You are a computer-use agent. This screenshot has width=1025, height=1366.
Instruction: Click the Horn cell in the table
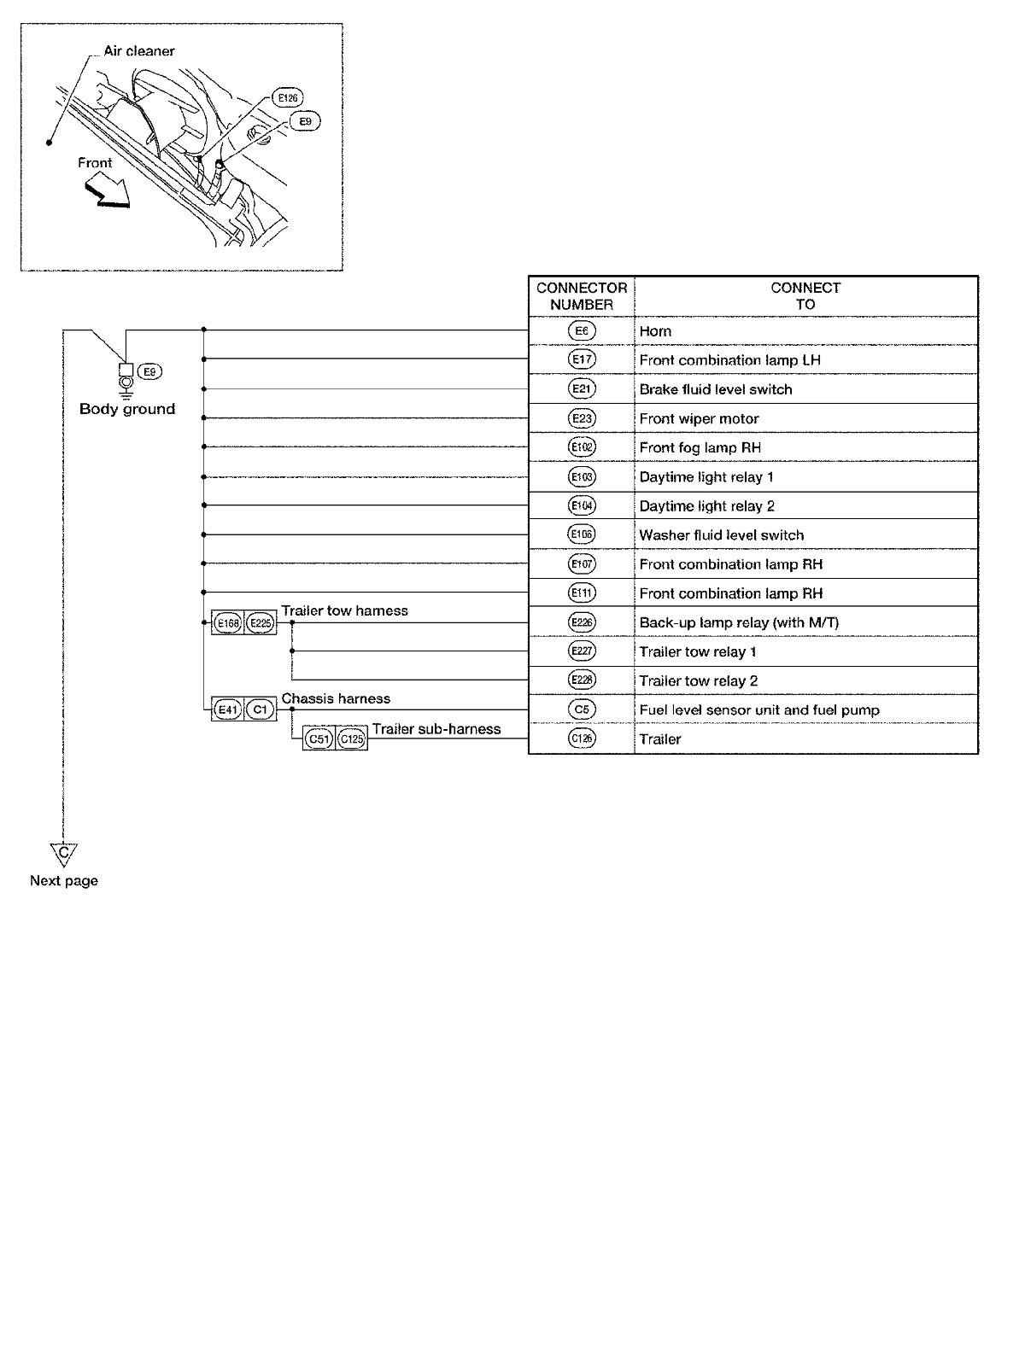pyautogui.click(x=655, y=331)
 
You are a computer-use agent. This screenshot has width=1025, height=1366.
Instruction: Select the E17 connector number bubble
pyautogui.click(x=582, y=359)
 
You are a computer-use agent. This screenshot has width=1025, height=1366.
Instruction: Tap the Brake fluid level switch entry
pyautogui.click(x=716, y=389)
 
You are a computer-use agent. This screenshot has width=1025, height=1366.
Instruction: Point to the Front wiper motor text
pyautogui.click(x=699, y=418)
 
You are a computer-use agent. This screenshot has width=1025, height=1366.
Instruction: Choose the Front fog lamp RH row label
pyautogui.click(x=700, y=447)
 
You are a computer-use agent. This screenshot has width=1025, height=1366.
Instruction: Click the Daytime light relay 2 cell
pyautogui.click(x=706, y=506)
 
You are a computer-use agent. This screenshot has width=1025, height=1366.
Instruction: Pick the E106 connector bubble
pyautogui.click(x=582, y=534)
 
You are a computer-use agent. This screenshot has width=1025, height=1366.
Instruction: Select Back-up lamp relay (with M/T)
pyautogui.click(x=739, y=622)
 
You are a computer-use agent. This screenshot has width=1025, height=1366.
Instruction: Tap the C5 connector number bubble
pyautogui.click(x=582, y=709)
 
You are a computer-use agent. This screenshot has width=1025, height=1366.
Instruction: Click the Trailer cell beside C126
pyautogui.click(x=660, y=738)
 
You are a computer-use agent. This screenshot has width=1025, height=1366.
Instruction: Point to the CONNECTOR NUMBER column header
pyautogui.click(x=582, y=296)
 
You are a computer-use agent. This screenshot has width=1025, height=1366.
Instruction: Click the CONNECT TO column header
pyautogui.click(x=805, y=296)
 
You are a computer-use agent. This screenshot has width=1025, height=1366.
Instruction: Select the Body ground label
pyautogui.click(x=127, y=409)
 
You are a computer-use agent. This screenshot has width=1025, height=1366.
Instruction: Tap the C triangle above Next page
pyautogui.click(x=63, y=853)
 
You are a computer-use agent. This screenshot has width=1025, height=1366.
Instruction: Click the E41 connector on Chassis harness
pyautogui.click(x=228, y=709)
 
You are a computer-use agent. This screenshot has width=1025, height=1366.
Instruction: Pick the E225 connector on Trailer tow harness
pyautogui.click(x=261, y=623)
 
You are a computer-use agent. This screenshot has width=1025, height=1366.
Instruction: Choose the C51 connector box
pyautogui.click(x=319, y=739)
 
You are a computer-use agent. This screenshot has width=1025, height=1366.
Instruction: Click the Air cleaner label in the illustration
pyautogui.click(x=139, y=51)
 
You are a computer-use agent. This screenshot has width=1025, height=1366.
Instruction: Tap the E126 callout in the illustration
pyautogui.click(x=288, y=98)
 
